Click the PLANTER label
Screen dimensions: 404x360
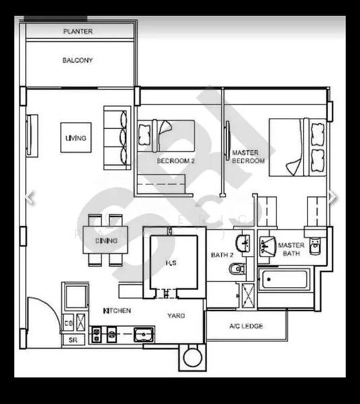pyautogui.click(x=78, y=32)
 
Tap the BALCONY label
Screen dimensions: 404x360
pyautogui.click(x=78, y=61)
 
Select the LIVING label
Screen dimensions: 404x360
pyautogui.click(x=75, y=138)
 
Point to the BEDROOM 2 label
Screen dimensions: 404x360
pyautogui.click(x=176, y=161)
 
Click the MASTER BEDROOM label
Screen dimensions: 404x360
pyautogui.click(x=248, y=157)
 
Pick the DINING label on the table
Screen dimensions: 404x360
pyautogui.click(x=106, y=240)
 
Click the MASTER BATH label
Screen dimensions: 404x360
pyautogui.click(x=291, y=249)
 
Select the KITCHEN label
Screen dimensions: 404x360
pyautogui.click(x=116, y=310)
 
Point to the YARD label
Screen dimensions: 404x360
pyautogui.click(x=176, y=315)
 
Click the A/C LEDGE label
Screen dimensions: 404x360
pyautogui.click(x=246, y=327)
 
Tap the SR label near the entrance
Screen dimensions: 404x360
pyautogui.click(x=73, y=341)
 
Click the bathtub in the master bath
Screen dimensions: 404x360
pyautogui.click(x=284, y=279)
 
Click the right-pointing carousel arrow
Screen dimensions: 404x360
pyautogui.click(x=332, y=197)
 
